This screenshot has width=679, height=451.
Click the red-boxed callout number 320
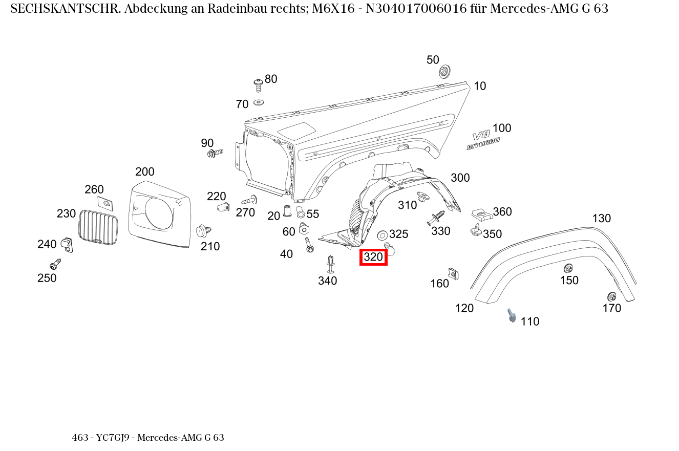(x=373, y=257)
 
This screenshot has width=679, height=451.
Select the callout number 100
(x=502, y=128)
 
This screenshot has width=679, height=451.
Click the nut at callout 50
(x=444, y=71)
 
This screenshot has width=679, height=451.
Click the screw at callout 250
(x=55, y=265)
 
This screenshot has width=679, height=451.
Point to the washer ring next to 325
(x=382, y=235)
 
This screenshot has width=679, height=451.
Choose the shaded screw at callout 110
(x=512, y=315)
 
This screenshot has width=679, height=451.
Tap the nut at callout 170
(x=611, y=296)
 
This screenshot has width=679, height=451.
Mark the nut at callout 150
(x=568, y=268)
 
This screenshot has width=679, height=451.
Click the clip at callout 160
(x=453, y=273)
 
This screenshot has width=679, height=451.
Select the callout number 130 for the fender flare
(x=601, y=219)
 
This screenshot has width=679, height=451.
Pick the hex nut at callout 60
(x=303, y=228)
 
